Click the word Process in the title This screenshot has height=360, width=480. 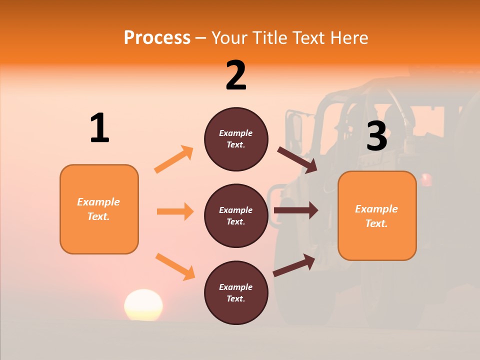click(x=157, y=38)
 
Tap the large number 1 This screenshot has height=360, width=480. click(x=99, y=128)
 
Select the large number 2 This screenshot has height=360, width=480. click(x=236, y=75)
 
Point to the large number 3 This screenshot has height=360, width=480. click(x=376, y=136)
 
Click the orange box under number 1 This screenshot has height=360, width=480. click(x=99, y=209)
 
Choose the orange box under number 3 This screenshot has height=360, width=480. click(x=377, y=215)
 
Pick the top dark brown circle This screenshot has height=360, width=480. click(x=236, y=139)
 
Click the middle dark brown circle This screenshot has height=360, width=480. click(x=236, y=215)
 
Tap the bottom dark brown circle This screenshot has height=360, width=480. click(x=236, y=292)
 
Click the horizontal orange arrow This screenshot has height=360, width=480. click(x=175, y=211)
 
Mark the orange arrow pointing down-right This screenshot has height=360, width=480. click(x=175, y=266)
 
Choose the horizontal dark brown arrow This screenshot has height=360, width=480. click(x=295, y=210)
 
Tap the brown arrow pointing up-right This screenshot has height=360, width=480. click(x=294, y=265)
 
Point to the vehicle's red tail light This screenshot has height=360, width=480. click(x=426, y=179)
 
